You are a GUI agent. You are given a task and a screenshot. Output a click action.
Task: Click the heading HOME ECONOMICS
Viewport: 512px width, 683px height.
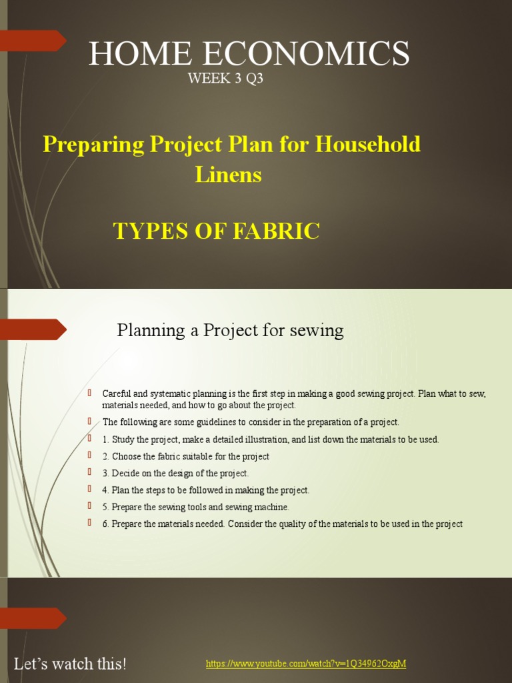click(249, 53)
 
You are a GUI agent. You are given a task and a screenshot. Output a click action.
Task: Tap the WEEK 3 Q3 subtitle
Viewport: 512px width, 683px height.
click(225, 79)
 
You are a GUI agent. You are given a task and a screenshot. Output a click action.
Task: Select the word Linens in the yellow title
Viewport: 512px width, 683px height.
click(228, 175)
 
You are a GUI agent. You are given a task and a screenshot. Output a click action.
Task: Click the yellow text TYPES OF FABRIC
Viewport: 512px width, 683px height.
click(217, 231)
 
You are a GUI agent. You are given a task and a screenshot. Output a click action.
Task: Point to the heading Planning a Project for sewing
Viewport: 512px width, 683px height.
click(230, 330)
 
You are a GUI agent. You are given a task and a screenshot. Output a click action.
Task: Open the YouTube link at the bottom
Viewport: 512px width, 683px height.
click(306, 664)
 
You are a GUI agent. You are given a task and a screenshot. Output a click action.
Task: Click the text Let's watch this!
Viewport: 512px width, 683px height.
click(70, 664)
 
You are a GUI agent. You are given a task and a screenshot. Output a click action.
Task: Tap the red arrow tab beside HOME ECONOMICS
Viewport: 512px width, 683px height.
click(37, 41)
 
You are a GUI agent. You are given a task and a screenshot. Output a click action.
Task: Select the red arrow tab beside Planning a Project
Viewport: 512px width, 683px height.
click(37, 329)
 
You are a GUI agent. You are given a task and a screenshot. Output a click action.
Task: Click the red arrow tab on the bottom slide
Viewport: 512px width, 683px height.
click(37, 618)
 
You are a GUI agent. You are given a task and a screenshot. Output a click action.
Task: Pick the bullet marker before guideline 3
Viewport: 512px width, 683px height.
click(89, 473)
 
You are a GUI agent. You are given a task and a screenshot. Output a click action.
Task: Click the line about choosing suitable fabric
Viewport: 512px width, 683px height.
click(185, 457)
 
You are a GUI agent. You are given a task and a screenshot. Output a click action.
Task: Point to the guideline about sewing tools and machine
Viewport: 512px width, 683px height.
click(195, 507)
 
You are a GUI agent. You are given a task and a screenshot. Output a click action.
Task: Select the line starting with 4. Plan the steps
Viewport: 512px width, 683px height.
click(205, 490)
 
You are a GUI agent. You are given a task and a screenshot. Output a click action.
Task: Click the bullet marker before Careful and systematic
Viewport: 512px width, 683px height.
click(89, 393)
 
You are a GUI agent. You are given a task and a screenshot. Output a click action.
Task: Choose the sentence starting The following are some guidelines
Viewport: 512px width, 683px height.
click(251, 422)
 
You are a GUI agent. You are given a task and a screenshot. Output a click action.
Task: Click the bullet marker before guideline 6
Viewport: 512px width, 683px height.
click(89, 523)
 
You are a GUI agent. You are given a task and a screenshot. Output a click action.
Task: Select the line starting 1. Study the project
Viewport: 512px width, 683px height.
click(270, 440)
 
